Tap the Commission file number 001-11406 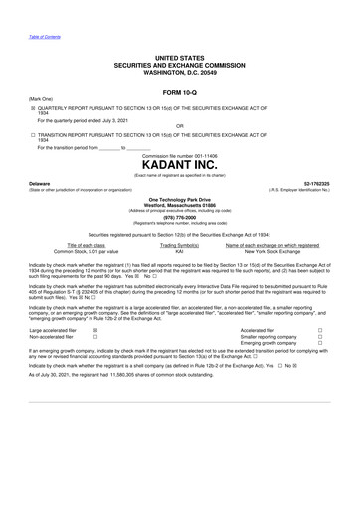click(x=179, y=156)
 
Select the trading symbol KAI click(x=180, y=253)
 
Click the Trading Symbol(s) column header click(x=180, y=245)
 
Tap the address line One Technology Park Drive click(x=179, y=198)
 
